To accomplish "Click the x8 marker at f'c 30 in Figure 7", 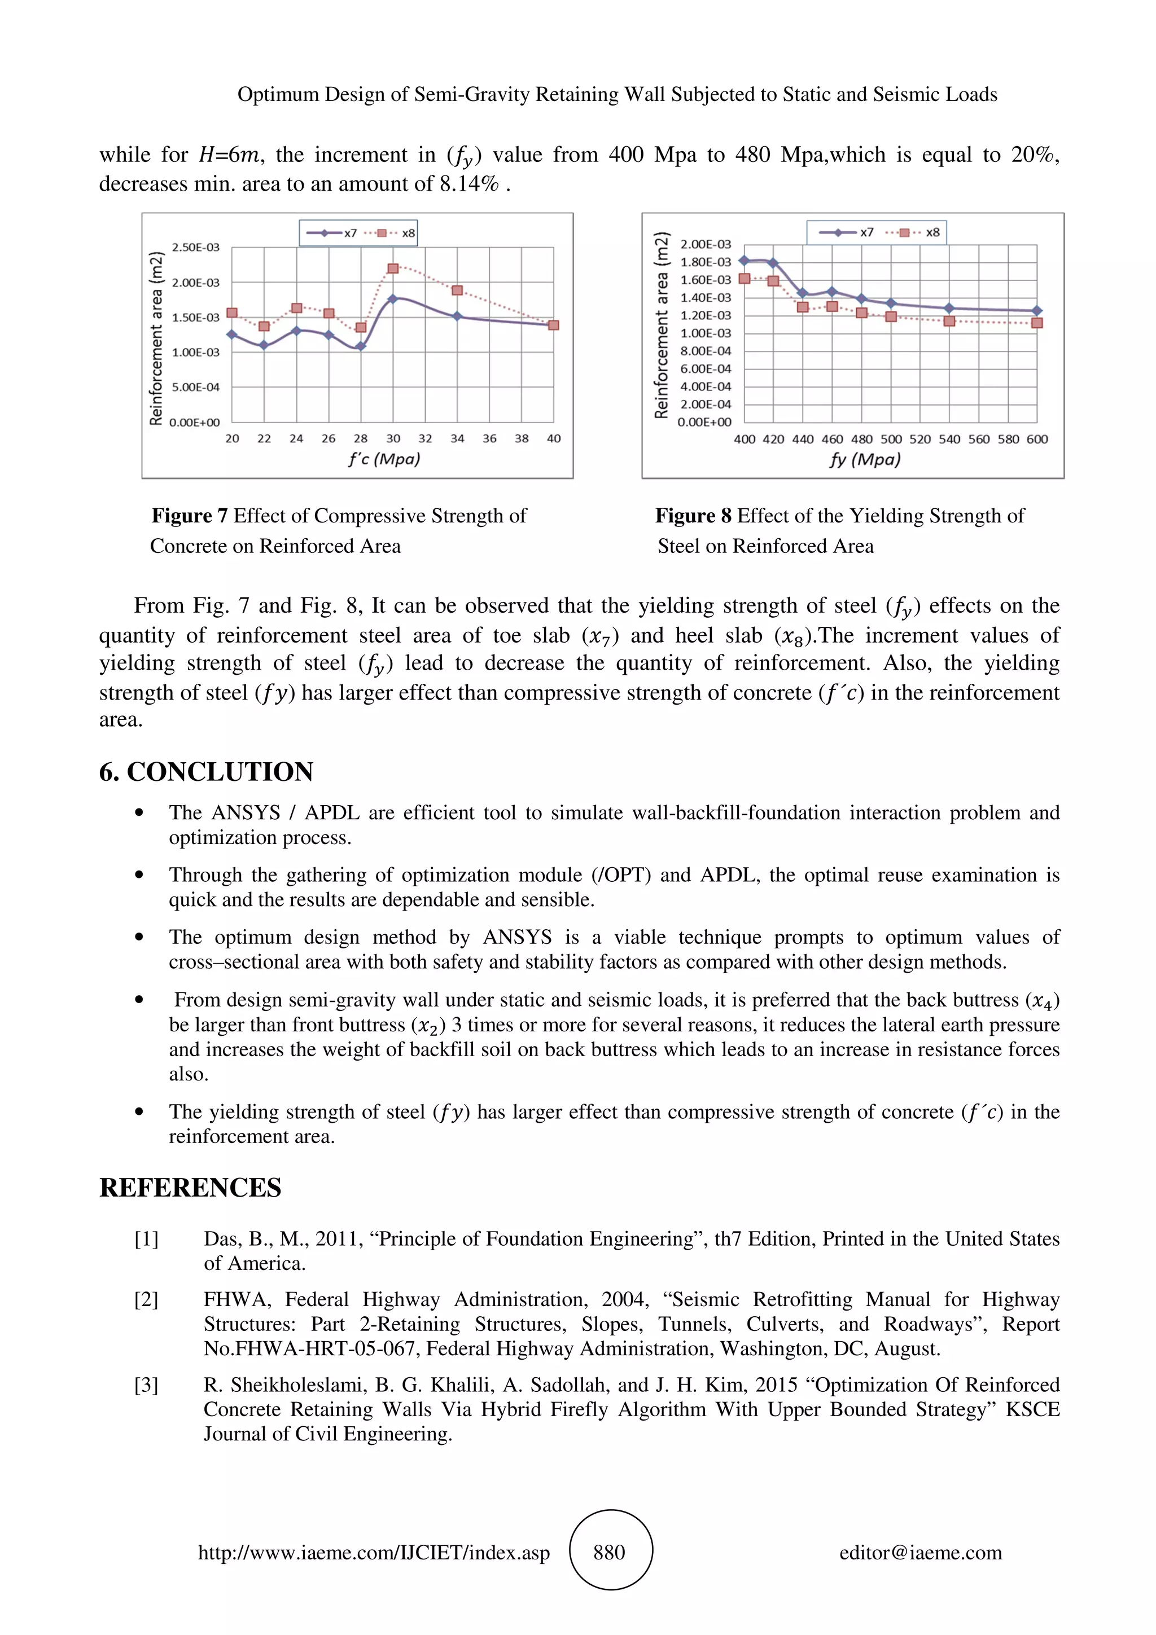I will (x=392, y=269).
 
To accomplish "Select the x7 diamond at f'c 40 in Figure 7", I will (x=553, y=325).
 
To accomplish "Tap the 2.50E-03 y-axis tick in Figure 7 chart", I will (x=196, y=247).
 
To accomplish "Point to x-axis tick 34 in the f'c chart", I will (x=457, y=439).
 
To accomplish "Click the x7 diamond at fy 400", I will (x=745, y=261).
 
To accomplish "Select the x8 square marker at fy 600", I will (x=1037, y=323).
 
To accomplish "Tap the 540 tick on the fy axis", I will (x=949, y=439).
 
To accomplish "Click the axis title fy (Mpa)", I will (x=865, y=459).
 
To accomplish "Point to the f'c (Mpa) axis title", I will (x=384, y=459).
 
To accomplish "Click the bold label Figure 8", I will (x=693, y=516).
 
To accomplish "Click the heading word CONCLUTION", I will (x=220, y=772).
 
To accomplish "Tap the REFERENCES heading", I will (x=190, y=1188).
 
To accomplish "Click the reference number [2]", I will (x=146, y=1300).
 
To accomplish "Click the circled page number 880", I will (x=610, y=1553).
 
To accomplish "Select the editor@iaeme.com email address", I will (x=920, y=1553).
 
